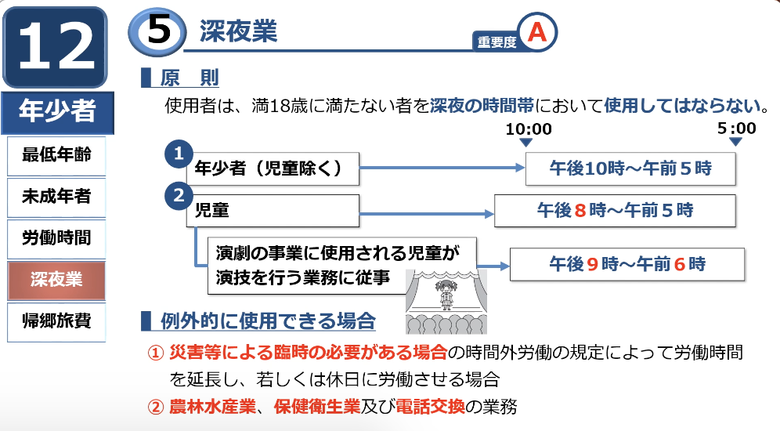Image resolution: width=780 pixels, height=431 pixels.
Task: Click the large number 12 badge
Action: point(56,47)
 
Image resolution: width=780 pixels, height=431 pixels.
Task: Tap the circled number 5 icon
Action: point(157,32)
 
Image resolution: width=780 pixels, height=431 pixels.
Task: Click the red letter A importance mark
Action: point(536,33)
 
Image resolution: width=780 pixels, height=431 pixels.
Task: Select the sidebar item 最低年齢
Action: point(56,155)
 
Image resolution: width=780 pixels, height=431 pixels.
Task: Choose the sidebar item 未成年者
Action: point(56,197)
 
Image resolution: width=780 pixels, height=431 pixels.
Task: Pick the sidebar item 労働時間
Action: point(56,238)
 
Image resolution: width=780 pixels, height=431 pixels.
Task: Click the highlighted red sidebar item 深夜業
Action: point(56,280)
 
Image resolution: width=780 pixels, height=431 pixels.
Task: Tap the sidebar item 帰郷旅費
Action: point(56,321)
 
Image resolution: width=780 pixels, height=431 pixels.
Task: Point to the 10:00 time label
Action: point(529,129)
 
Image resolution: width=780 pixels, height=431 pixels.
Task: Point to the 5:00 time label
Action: point(736,129)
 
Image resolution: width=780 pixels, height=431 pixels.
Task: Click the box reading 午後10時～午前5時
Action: point(630,168)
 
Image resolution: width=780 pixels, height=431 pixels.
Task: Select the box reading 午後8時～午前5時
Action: point(615,211)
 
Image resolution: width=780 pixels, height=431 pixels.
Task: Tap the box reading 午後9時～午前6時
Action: point(627,264)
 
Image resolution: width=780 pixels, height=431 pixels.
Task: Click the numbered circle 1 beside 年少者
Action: point(179,154)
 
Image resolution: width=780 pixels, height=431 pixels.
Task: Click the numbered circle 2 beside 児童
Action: point(179,195)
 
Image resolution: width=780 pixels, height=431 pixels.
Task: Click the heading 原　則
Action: point(189,78)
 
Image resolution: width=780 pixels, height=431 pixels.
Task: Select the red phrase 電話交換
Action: point(430,407)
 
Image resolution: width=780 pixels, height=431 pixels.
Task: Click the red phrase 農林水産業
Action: point(212,407)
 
